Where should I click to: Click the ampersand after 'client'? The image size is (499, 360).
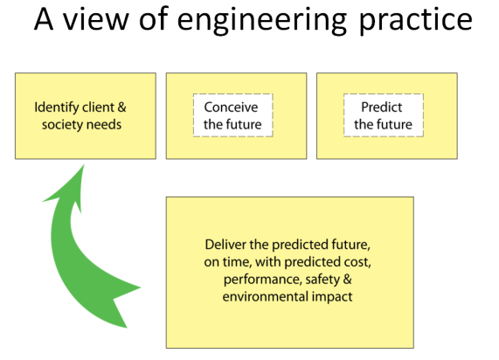[x=121, y=107]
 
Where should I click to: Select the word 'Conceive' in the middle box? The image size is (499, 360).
[x=232, y=107]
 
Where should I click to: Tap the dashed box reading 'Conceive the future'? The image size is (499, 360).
[x=232, y=115]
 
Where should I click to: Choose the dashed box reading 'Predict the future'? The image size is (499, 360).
[x=383, y=115]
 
